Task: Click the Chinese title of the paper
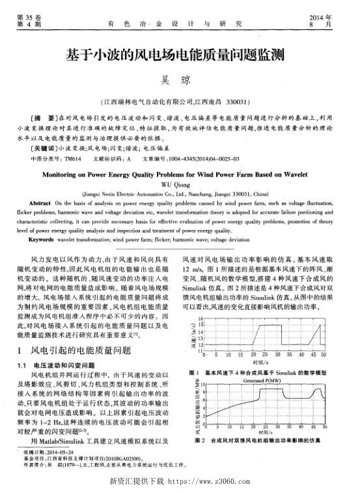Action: tap(179, 55)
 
